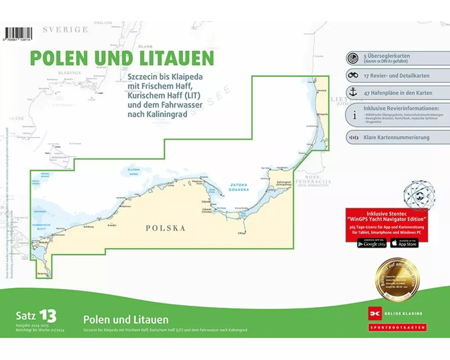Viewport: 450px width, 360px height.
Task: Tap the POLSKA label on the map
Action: coord(165,228)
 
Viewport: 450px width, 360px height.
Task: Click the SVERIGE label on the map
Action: coord(65,30)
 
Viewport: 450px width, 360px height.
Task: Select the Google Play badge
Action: coord(372,243)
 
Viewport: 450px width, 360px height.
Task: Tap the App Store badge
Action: coord(404,243)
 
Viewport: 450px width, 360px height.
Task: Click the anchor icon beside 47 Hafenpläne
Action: coord(353,92)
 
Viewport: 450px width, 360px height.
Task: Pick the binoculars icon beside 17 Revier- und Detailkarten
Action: coord(353,76)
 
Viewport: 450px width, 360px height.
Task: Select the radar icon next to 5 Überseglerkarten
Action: coord(353,58)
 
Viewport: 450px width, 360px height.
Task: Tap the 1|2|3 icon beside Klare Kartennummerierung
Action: coord(353,137)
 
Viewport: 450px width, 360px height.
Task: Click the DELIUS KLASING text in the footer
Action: coord(404,314)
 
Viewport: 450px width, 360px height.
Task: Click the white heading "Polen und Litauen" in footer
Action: coord(126,320)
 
